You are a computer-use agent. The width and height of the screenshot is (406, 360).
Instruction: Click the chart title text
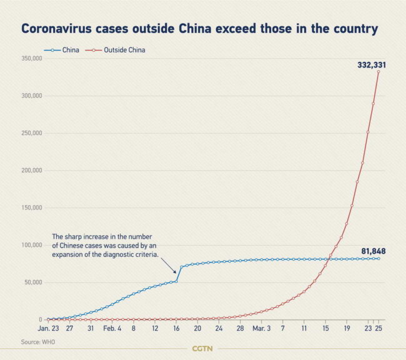pos(200,29)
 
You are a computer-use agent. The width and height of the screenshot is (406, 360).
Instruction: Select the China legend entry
pos(62,49)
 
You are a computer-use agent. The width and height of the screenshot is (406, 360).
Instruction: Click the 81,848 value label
pos(373,251)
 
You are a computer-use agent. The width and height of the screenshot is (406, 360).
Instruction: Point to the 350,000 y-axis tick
pos(31,58)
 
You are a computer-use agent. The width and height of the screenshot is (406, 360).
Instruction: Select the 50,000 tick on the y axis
pos(32,282)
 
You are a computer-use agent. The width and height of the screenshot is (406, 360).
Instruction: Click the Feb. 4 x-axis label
pos(112,327)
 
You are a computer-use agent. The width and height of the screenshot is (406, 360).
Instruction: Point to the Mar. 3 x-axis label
pos(262,327)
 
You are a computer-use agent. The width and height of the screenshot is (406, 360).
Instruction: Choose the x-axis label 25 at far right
pos(379,327)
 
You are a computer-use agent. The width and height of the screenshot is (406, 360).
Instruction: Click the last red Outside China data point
pos(379,71)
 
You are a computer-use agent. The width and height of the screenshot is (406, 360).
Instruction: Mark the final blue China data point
pos(379,258)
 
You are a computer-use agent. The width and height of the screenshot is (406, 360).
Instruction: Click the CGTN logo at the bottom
pos(203,348)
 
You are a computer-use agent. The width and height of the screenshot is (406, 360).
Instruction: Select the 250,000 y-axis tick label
pos(31,132)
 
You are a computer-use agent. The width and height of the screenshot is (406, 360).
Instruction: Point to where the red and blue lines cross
pos(329,259)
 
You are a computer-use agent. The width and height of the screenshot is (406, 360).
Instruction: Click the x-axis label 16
pos(177,327)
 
